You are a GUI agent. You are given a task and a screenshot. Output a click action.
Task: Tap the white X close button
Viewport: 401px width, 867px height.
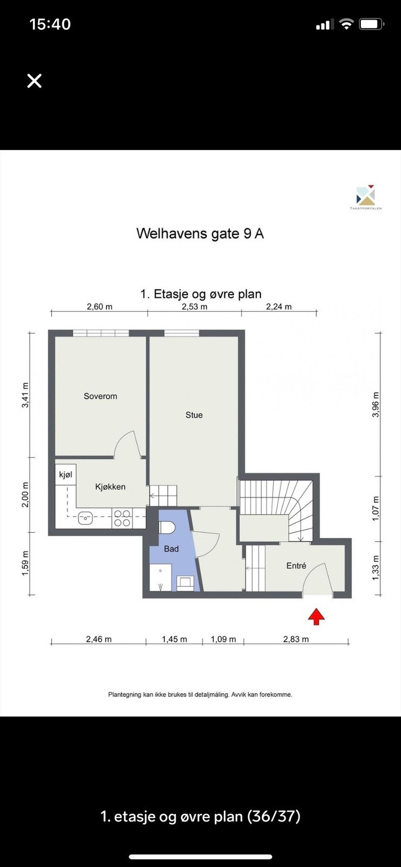pyautogui.click(x=34, y=81)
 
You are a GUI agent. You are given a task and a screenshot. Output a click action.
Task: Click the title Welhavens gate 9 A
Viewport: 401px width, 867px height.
pyautogui.click(x=200, y=234)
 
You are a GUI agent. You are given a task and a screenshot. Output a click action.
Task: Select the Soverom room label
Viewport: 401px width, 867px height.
pyautogui.click(x=100, y=396)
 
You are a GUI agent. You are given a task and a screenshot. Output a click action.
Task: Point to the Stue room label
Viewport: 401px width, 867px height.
pyautogui.click(x=194, y=415)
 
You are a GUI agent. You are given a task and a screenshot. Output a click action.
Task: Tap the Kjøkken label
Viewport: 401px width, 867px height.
pyautogui.click(x=110, y=487)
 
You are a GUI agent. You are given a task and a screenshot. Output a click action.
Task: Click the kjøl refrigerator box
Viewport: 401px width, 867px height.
pyautogui.click(x=66, y=475)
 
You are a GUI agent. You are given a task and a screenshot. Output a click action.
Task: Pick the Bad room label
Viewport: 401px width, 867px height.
pyautogui.click(x=171, y=549)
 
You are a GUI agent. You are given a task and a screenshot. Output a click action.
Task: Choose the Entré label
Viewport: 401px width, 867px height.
pyautogui.click(x=296, y=566)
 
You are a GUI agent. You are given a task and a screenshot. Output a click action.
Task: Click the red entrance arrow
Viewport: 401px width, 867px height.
pyautogui.click(x=316, y=617)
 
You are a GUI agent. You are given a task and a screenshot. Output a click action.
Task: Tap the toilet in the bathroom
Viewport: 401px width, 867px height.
pyautogui.click(x=166, y=527)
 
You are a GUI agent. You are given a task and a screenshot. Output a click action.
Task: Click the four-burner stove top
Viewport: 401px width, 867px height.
pyautogui.click(x=122, y=518)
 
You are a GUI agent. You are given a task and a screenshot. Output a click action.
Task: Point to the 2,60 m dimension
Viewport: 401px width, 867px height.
pyautogui.click(x=100, y=307)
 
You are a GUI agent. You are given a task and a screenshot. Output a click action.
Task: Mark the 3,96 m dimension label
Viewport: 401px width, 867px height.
pyautogui.click(x=376, y=405)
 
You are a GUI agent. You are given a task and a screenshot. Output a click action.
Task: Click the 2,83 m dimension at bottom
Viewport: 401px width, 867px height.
pyautogui.click(x=296, y=639)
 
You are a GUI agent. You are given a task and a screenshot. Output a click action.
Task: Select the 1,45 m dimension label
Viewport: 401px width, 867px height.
pyautogui.click(x=174, y=639)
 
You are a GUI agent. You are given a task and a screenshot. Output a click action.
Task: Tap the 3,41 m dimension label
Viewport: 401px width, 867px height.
pyautogui.click(x=25, y=396)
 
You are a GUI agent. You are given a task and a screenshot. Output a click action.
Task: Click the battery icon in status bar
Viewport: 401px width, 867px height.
pyautogui.click(x=372, y=24)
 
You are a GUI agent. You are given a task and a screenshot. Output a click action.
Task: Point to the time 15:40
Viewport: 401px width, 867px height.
pyautogui.click(x=50, y=24)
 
